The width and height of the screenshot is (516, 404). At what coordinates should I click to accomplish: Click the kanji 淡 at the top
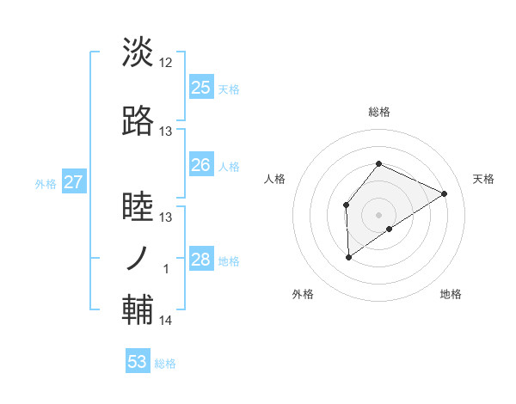click(x=138, y=52)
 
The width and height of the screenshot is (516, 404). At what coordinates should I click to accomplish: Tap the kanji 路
click(x=138, y=122)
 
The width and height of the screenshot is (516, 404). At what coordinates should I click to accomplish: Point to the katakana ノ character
click(x=138, y=259)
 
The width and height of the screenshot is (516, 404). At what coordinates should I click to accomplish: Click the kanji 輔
click(x=138, y=311)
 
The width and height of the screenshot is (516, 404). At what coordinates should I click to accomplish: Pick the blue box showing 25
click(x=201, y=87)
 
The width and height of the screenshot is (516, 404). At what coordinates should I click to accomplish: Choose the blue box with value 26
click(x=201, y=165)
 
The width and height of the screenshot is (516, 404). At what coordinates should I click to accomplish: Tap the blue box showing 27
click(x=73, y=182)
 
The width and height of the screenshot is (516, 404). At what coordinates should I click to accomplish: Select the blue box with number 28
click(x=201, y=260)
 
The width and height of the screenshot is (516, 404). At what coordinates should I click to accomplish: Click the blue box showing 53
click(x=138, y=362)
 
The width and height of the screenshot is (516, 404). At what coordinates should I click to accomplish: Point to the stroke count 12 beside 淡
click(x=166, y=63)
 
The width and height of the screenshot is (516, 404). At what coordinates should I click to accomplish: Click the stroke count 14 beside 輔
click(x=166, y=321)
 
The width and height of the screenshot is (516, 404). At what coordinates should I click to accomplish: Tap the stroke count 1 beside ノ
click(x=166, y=269)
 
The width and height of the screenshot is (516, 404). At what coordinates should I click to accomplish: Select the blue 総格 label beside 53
click(x=165, y=364)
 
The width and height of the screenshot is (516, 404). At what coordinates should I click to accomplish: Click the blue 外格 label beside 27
click(x=46, y=183)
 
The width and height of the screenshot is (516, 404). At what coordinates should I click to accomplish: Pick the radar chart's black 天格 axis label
click(x=484, y=179)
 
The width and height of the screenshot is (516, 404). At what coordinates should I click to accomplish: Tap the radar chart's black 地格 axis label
click(x=451, y=294)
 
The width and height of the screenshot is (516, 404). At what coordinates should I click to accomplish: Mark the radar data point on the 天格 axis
click(x=445, y=193)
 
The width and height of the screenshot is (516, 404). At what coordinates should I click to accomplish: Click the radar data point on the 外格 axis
click(x=348, y=256)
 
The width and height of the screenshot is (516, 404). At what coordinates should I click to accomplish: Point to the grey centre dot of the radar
click(x=378, y=214)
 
